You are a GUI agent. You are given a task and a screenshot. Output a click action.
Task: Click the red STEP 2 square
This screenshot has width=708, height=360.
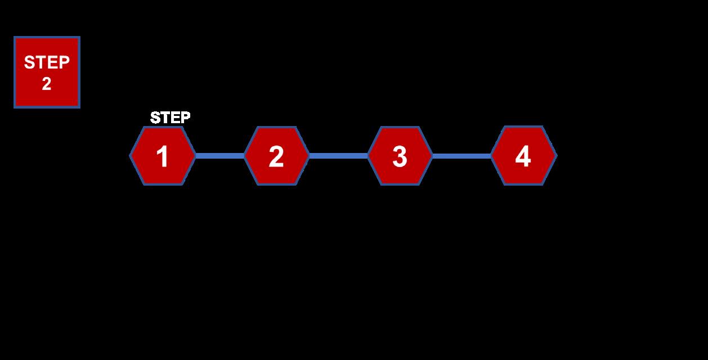pyautogui.click(x=47, y=73)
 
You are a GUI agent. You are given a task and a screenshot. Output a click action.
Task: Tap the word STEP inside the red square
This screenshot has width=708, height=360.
pyautogui.click(x=47, y=62)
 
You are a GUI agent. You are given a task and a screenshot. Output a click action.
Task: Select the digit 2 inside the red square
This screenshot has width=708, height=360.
pyautogui.click(x=47, y=84)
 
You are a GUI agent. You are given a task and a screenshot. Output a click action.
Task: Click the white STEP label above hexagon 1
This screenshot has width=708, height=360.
pyautogui.click(x=170, y=118)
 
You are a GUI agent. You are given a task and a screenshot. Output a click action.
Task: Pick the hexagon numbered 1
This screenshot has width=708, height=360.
pyautogui.click(x=163, y=156)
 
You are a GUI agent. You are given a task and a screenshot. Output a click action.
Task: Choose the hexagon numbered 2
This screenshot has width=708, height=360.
pyautogui.click(x=276, y=156)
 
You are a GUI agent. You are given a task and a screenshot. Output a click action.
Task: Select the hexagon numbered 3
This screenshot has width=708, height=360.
pyautogui.click(x=400, y=156)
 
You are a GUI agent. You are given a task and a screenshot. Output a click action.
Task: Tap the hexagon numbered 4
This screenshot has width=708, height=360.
pyautogui.click(x=523, y=156)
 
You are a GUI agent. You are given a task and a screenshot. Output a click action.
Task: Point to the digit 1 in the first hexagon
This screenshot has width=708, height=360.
pyautogui.click(x=163, y=157)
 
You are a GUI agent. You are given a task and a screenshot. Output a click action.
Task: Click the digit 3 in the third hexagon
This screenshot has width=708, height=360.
pyautogui.click(x=400, y=157)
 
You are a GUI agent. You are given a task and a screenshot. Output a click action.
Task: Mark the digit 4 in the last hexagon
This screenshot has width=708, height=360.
pyautogui.click(x=523, y=156)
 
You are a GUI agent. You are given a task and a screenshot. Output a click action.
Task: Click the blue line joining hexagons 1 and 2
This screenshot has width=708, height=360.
pyautogui.click(x=219, y=156)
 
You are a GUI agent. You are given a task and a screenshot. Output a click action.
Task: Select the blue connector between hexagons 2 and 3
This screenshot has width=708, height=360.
pyautogui.click(x=338, y=156)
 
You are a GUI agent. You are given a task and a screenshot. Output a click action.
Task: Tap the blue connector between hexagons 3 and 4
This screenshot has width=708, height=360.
pyautogui.click(x=461, y=156)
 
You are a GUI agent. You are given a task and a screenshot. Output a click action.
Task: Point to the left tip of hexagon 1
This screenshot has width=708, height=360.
pyautogui.click(x=131, y=156)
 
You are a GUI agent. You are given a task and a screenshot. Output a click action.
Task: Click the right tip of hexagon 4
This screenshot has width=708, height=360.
pyautogui.click(x=555, y=156)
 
